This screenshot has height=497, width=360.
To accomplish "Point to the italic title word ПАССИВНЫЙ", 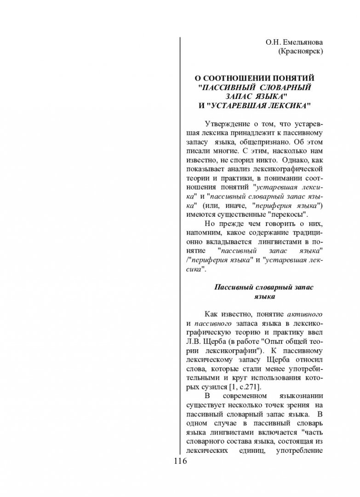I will coord(225,87).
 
